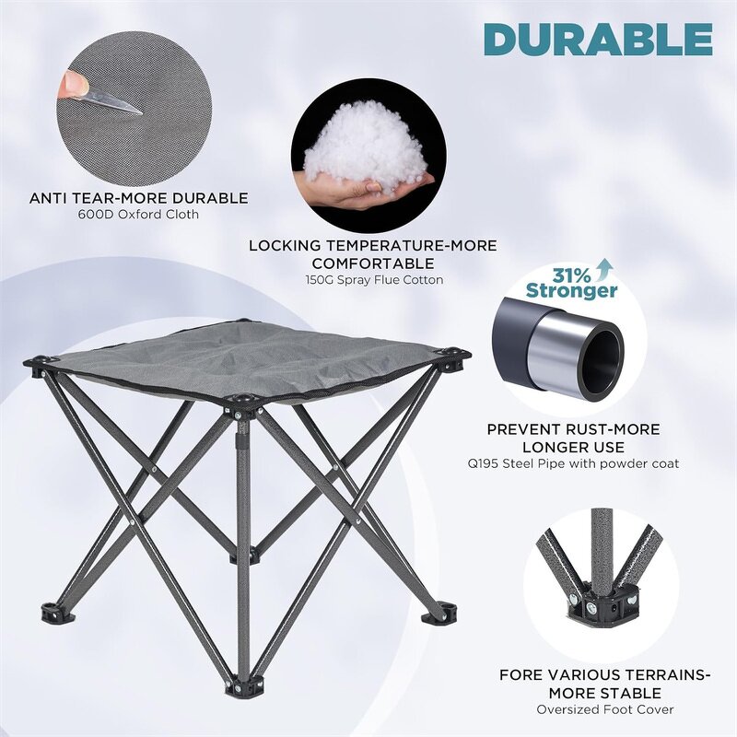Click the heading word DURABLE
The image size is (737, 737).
pyautogui.click(x=598, y=39)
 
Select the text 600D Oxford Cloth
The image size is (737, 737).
pyautogui.click(x=139, y=215)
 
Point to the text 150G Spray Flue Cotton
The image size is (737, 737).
pyautogui.click(x=373, y=279)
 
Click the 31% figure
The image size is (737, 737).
pyautogui.click(x=572, y=275)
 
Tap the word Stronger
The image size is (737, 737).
pyautogui.click(x=572, y=291)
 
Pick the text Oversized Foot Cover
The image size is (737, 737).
pyautogui.click(x=605, y=709)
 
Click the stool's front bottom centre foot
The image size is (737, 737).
pyautogui.click(x=241, y=685)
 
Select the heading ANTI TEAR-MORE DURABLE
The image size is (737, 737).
pyautogui.click(x=139, y=197)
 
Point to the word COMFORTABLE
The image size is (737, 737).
pyautogui.click(x=374, y=262)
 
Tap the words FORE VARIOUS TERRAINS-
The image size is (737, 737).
pyautogui.click(x=605, y=675)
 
